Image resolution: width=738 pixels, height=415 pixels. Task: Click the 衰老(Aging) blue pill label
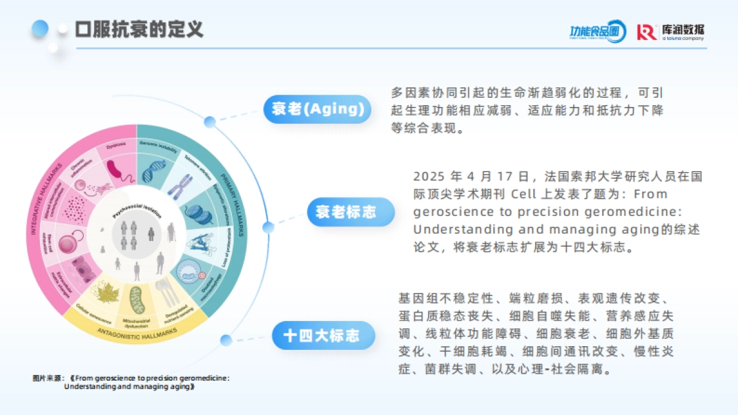pos(318,109)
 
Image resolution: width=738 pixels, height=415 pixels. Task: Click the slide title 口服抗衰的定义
pos(139,29)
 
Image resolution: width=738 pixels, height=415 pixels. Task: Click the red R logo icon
pos(646,32)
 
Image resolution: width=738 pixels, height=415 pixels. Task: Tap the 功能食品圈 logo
pos(597,31)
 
